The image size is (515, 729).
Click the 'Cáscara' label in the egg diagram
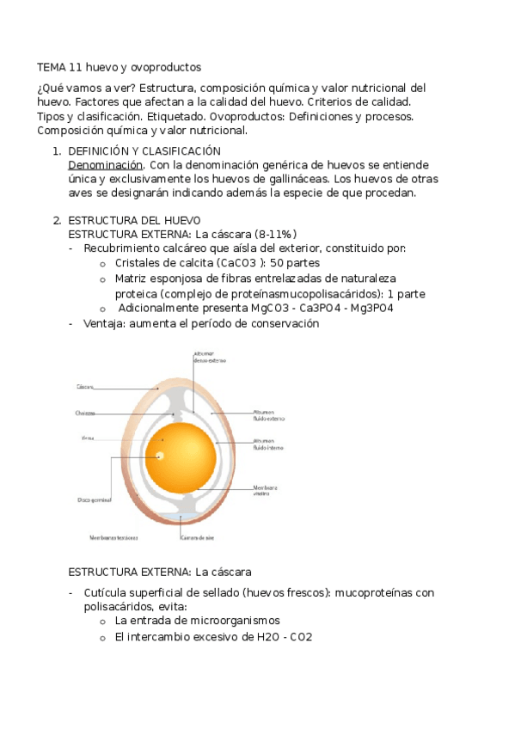pyautogui.click(x=85, y=387)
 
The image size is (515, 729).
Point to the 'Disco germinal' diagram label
pyautogui.click(x=92, y=499)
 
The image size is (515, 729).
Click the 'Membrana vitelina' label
pyautogui.click(x=265, y=490)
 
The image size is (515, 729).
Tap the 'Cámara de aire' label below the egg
pyautogui.click(x=197, y=538)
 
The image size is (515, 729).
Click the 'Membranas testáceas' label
pyautogui.click(x=113, y=538)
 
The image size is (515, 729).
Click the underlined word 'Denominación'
pyautogui.click(x=105, y=164)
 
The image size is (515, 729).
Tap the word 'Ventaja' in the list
pyautogui.click(x=105, y=324)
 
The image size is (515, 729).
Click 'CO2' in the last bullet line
pyautogui.click(x=301, y=637)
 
